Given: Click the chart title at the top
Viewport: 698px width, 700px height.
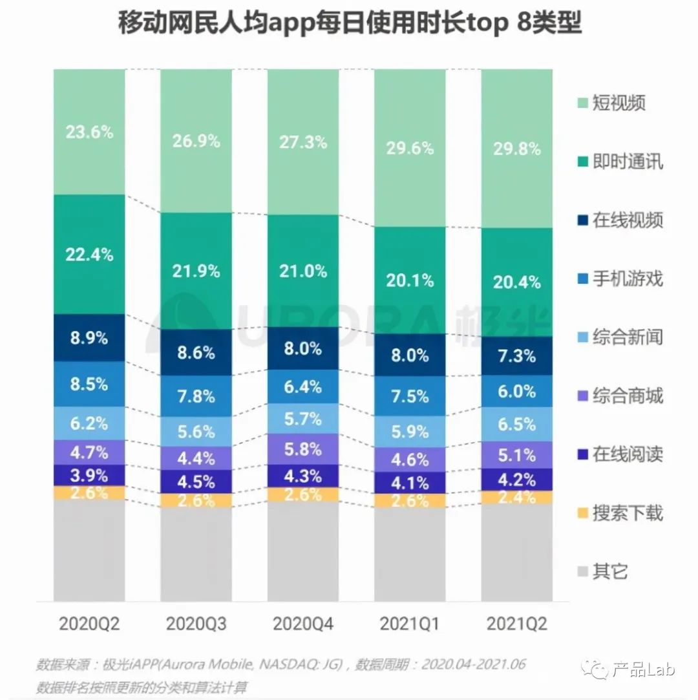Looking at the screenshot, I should pos(349,25).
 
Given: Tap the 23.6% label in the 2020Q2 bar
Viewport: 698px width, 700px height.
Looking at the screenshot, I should pos(89,132).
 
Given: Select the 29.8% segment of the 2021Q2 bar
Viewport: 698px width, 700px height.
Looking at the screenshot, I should pos(517,149).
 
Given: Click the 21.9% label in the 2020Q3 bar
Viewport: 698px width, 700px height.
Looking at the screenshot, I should pos(196,271).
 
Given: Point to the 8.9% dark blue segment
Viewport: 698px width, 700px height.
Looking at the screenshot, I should pos(89,337).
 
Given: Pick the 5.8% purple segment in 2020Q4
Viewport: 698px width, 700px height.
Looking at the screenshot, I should pos(303,448).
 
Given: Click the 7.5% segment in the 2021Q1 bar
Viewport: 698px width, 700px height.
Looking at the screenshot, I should pos(410,396).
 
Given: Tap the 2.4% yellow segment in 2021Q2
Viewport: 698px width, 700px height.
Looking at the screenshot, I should pos(517,497).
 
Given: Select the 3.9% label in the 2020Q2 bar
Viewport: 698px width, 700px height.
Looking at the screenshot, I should pos(89,475).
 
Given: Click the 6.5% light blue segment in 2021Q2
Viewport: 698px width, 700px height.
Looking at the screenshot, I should pos(517,425).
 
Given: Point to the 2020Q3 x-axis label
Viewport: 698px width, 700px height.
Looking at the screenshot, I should pos(196,624).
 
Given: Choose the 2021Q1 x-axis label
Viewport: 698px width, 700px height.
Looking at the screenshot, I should pos(410,624).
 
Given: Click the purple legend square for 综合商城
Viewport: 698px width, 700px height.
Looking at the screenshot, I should pos(580,396).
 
